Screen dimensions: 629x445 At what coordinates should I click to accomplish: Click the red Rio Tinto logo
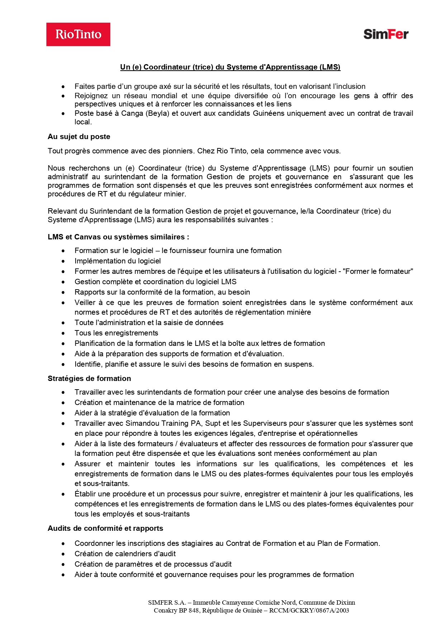[78, 34]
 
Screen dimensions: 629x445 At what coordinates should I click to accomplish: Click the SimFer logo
[386, 34]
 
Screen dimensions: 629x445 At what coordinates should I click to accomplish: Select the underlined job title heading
[230, 67]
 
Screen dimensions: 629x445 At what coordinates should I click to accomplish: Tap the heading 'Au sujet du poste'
[79, 137]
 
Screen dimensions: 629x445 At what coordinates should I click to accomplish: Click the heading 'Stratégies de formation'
[89, 378]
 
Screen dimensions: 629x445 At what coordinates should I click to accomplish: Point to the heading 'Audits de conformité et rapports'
[105, 528]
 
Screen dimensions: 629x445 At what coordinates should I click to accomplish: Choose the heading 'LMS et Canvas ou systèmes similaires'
[118, 237]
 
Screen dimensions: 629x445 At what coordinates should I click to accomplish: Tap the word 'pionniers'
[177, 151]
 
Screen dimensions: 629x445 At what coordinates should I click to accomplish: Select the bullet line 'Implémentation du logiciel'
[118, 261]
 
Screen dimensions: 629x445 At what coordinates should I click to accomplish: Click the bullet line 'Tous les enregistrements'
[116, 333]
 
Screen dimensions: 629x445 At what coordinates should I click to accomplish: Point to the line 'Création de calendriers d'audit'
[125, 554]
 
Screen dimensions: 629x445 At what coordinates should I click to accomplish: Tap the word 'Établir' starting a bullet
[85, 494]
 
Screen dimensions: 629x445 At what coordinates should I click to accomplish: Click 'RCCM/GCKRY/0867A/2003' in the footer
[309, 610]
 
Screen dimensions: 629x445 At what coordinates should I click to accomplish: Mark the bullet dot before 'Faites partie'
[63, 87]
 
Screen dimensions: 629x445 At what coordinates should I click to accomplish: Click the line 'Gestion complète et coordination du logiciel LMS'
[156, 282]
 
